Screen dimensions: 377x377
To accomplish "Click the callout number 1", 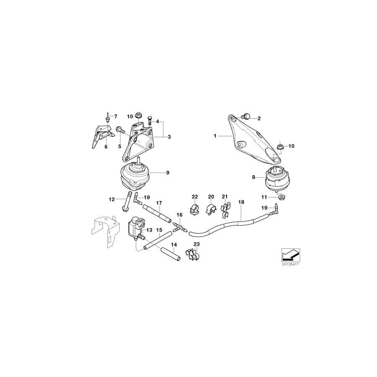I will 215,136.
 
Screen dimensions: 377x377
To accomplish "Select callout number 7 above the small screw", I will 116,116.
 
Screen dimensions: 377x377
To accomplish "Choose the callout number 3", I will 169,137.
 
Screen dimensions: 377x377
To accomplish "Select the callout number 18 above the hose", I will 241,202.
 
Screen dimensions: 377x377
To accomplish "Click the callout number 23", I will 196,244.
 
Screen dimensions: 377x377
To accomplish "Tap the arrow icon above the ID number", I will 289,254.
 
